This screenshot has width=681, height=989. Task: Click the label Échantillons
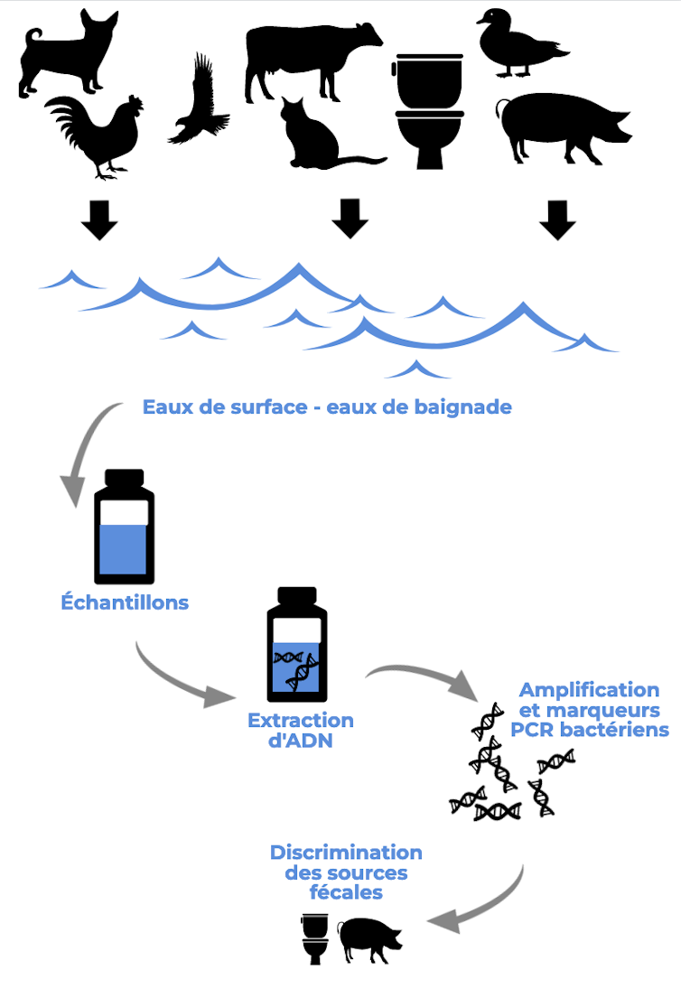[x=125, y=602]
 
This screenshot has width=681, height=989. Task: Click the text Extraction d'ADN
[x=301, y=730]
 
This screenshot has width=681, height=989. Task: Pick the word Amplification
[x=589, y=690]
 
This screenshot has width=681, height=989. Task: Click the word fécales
[x=345, y=892]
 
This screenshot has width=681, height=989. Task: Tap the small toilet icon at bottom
[x=313, y=940]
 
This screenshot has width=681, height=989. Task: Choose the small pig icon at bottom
[x=369, y=938]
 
